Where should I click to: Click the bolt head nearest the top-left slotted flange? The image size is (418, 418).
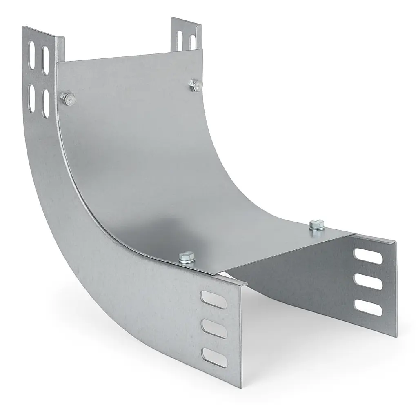point(68,98)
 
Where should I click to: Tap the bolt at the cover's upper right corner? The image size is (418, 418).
point(195,84)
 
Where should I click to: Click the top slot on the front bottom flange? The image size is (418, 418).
point(213,298)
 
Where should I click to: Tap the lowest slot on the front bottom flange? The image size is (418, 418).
point(215,358)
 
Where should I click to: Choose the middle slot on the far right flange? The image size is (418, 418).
point(369,282)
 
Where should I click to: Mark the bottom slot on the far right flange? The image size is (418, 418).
point(369,307)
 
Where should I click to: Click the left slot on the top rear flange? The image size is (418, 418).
point(179,38)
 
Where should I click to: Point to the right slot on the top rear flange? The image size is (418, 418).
point(192,42)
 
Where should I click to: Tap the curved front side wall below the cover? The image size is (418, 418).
point(102,278)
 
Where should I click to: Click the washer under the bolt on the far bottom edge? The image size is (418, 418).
point(316,229)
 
